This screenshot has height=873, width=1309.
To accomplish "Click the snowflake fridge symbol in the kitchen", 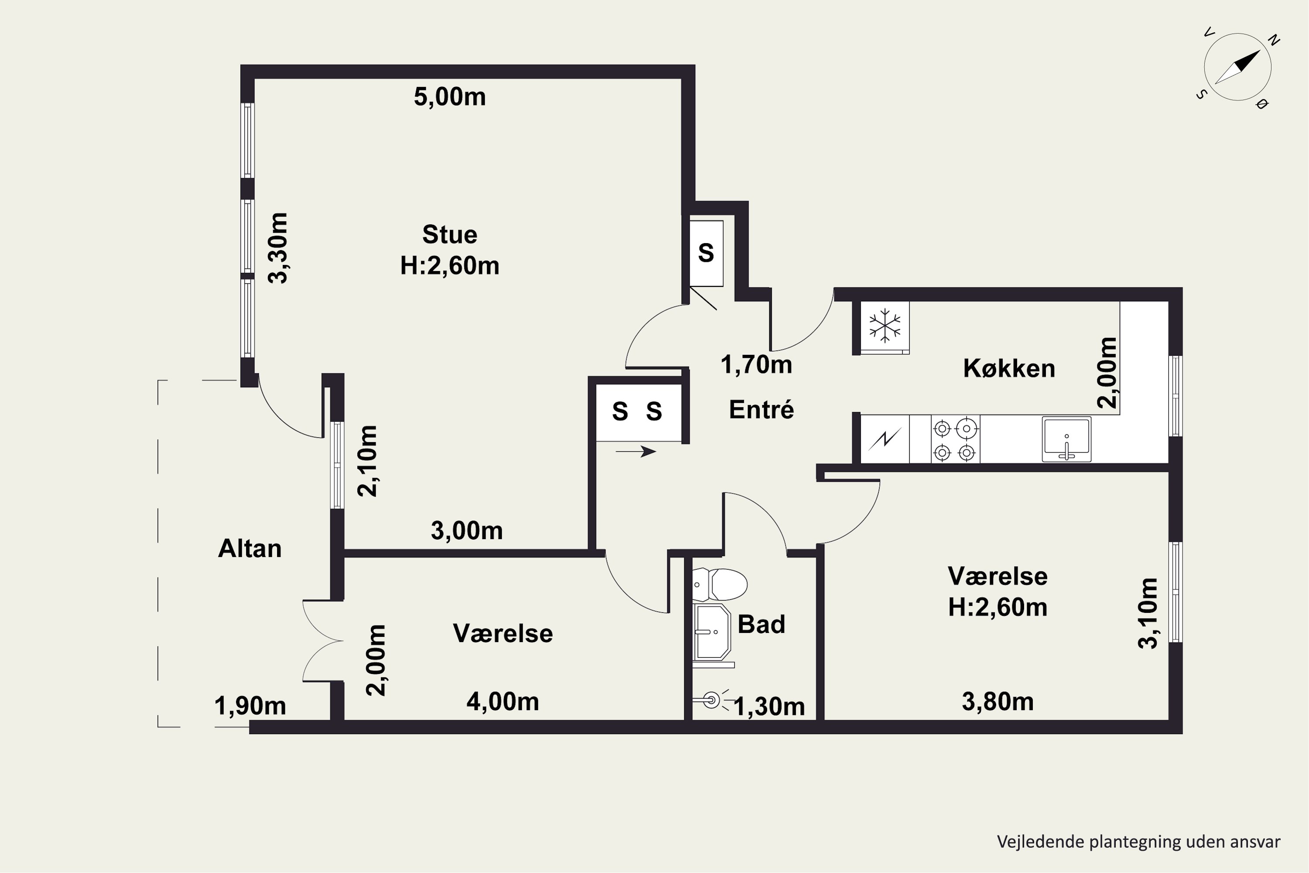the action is coord(884,326).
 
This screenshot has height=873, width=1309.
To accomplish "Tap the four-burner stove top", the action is coord(955,439).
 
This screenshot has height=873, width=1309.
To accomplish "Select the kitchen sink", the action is coord(1066,439).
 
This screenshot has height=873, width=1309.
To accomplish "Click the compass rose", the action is coord(1238,67).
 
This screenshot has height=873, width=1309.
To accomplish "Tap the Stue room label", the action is coord(450,234).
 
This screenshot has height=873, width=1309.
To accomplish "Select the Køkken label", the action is coord(1009,368).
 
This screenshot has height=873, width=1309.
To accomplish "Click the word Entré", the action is coord(761,409).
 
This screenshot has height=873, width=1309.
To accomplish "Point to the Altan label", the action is coord(250,548).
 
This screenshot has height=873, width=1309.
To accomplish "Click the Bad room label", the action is coord(761,624).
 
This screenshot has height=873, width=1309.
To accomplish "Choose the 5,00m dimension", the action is coord(450,97).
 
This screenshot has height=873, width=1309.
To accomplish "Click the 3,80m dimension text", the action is coord(998,701).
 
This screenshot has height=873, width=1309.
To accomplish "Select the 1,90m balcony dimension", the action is coord(250,706).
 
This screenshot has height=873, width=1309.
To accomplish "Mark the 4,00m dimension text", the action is coord(503,701).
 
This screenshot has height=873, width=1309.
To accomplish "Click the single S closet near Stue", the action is coord(706,253).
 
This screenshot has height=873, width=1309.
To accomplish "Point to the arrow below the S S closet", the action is coord(636,451).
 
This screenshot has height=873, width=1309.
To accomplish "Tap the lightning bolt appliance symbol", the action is coord(885,439).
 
